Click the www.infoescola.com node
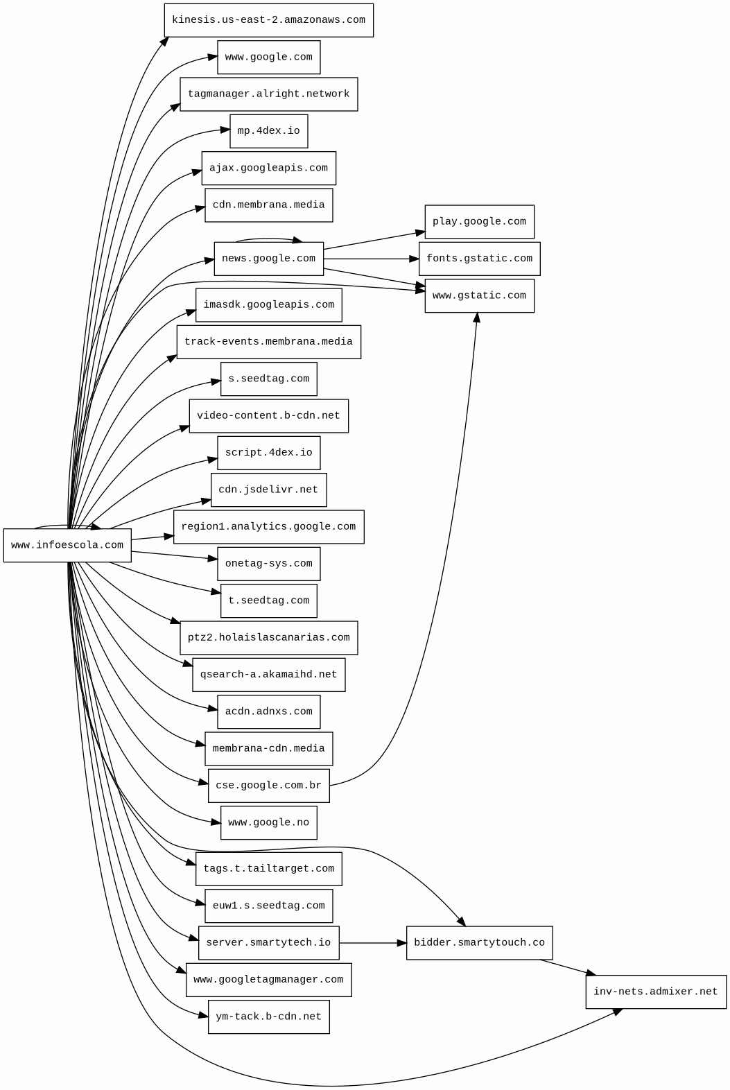(x=67, y=545)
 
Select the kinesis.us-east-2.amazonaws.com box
(x=268, y=20)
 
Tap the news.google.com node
(x=268, y=259)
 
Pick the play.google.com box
(x=479, y=222)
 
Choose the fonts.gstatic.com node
(x=479, y=259)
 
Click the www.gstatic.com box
(x=479, y=296)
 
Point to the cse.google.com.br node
(x=268, y=786)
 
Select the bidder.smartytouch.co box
(x=479, y=943)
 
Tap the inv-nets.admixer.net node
(x=655, y=992)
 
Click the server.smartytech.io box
(x=268, y=943)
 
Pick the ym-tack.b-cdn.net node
(x=268, y=1017)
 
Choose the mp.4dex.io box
(x=268, y=131)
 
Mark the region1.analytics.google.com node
(x=268, y=527)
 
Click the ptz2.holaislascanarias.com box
(x=268, y=638)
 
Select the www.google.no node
(x=268, y=822)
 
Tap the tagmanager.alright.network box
(x=268, y=94)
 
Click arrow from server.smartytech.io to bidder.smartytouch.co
(x=372, y=943)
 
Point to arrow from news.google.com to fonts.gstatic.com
(x=371, y=259)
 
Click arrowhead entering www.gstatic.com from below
(x=476, y=318)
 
